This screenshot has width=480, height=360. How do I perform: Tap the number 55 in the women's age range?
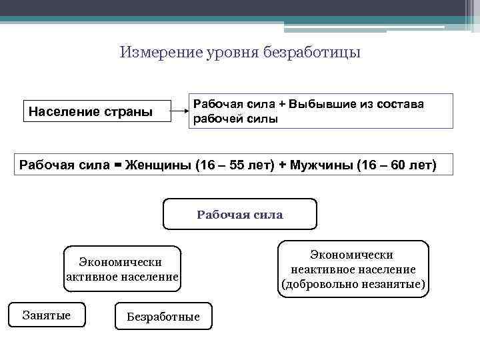[237, 165]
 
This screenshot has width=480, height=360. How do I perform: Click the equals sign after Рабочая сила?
[118, 165]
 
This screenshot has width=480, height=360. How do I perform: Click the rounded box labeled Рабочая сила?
[240, 215]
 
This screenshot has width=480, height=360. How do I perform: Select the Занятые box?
[47, 315]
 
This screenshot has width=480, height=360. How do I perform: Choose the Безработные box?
[164, 317]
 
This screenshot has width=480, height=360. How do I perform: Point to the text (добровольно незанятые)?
[353, 285]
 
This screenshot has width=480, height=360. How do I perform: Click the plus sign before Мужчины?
[283, 165]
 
